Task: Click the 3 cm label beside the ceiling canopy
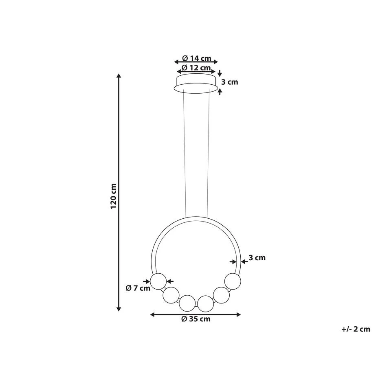pos(230,82)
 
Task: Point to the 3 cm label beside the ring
pos(257,257)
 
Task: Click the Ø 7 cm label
pos(138,288)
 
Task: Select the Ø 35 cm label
pos(196,319)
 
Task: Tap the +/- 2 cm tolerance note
pos(356,329)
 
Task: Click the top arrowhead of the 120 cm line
pos(119,76)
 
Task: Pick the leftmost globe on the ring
pos(158,281)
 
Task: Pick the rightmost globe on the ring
pos(233,281)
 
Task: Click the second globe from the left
pos(171,295)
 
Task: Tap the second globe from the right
pos(221,295)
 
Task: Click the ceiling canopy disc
pos(196,83)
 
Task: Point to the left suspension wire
pos(185,155)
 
